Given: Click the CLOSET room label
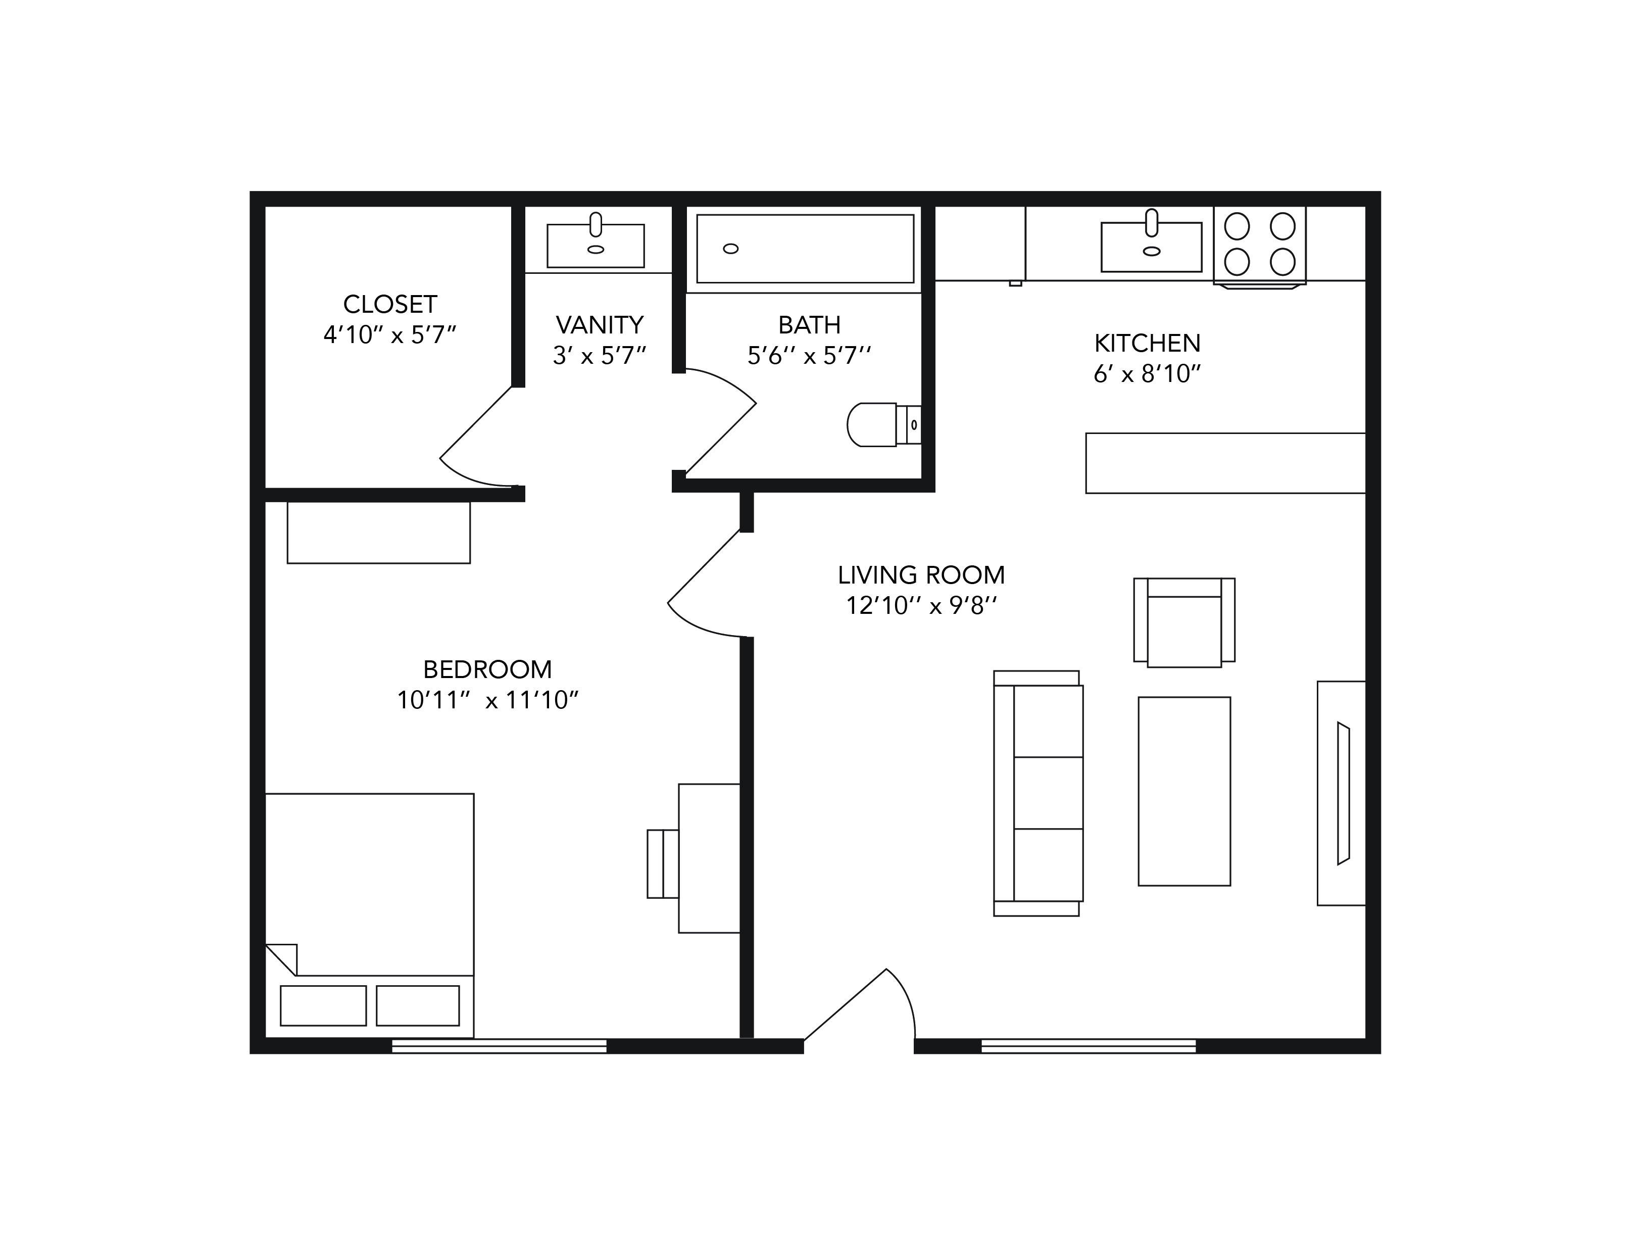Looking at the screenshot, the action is pos(389,304).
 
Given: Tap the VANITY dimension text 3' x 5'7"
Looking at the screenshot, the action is pos(599,356).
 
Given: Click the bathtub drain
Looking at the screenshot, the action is pos(731,249).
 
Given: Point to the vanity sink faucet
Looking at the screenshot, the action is pos(596,224).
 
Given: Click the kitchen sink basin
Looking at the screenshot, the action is pos(1151,247).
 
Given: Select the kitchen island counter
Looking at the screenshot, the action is pos(1226,463).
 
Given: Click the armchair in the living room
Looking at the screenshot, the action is pos(1184,622).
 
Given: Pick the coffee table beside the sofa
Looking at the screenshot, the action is pos(1184,791).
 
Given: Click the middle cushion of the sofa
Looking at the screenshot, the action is pos(1048,793).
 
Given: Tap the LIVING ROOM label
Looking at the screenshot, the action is pos(921,574).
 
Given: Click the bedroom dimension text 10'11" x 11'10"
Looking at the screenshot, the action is pos(487,700).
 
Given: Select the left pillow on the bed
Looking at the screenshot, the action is pos(323,1005).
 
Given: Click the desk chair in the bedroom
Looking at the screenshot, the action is pos(662,864).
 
